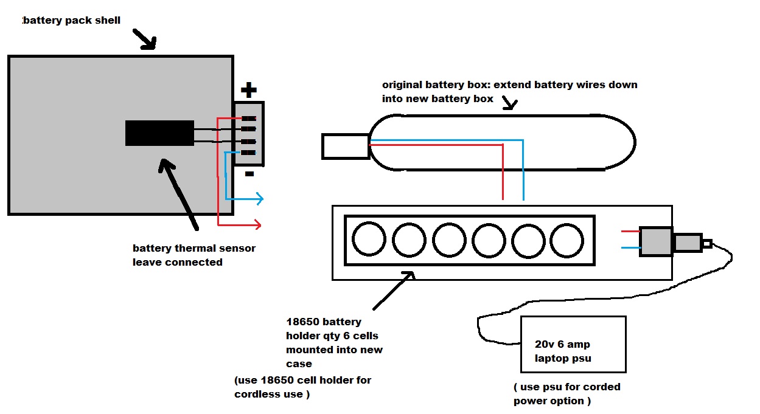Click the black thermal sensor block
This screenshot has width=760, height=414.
coord(159,133)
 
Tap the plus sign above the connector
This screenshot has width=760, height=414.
coord(248,91)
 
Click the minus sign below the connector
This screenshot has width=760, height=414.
coord(249,174)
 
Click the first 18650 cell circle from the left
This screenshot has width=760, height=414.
coord(369,240)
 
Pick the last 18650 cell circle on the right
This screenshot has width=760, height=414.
coord(567,240)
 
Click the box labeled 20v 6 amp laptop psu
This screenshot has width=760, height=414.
coord(573,344)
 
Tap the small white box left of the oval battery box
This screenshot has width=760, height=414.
coord(345,147)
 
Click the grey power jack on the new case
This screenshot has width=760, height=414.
coord(656,241)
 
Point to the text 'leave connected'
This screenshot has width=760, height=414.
coord(178,263)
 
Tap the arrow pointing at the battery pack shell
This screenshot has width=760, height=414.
coord(146,41)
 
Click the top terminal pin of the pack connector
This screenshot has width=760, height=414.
coord(248,119)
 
